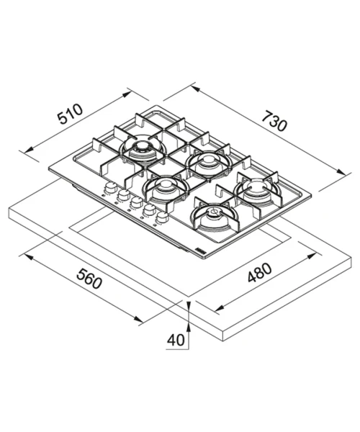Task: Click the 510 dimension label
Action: [x=70, y=114]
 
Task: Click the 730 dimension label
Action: [x=274, y=121]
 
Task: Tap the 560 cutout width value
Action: [x=89, y=279]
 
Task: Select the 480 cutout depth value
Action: [x=259, y=273]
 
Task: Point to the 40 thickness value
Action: [x=176, y=341]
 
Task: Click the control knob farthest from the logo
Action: [x=110, y=187]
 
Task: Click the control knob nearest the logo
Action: [x=162, y=217]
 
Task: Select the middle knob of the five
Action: [x=136, y=202]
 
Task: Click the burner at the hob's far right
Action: [x=258, y=189]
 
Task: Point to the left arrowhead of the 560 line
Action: [x=29, y=258]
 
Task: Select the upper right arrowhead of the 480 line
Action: [x=311, y=256]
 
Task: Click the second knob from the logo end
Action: [x=149, y=210]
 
